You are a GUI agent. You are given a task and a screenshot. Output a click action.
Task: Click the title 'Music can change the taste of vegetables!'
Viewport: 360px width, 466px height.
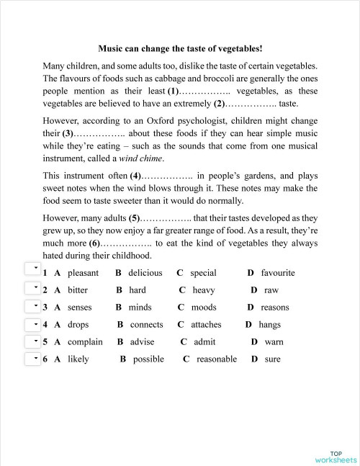(180, 49)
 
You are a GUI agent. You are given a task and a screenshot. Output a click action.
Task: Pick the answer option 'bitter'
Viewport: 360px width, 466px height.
(78, 290)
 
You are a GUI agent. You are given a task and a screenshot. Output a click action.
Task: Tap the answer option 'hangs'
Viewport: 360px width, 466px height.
(269, 325)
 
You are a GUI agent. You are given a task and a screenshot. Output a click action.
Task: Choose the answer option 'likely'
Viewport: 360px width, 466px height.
(78, 359)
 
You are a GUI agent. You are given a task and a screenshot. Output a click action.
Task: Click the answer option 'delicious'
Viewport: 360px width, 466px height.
(145, 273)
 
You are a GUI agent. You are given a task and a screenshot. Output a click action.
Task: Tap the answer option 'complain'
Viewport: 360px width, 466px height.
(85, 342)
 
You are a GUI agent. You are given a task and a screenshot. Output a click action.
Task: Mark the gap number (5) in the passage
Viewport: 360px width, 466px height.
(134, 218)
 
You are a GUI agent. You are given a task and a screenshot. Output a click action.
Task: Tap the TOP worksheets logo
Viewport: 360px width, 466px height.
(335, 456)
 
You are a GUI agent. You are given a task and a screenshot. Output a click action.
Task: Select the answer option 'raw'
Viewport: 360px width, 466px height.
(271, 290)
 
